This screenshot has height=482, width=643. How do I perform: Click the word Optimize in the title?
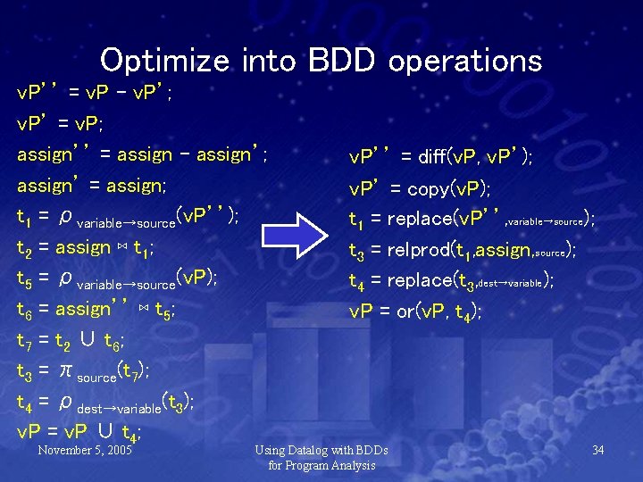click(165, 61)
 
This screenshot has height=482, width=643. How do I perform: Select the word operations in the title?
click(464, 61)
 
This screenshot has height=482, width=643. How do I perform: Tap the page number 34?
click(598, 450)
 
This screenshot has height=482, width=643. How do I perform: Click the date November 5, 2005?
click(85, 450)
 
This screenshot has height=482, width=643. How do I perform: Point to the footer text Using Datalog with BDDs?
click(321, 450)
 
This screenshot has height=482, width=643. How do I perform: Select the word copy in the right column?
click(426, 189)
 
